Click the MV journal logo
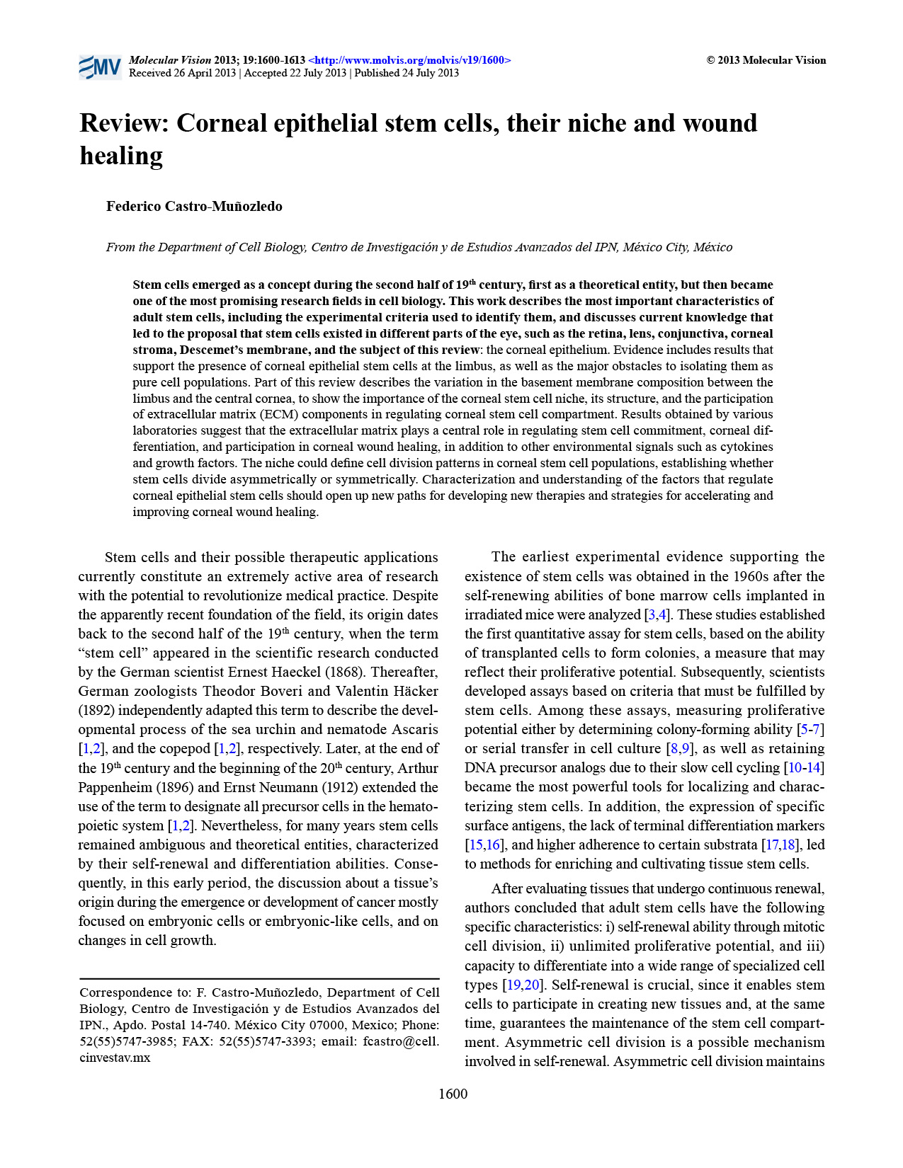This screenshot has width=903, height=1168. [x=100, y=67]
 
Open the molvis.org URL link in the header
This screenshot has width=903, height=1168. [x=409, y=60]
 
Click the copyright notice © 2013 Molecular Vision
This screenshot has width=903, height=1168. [x=766, y=60]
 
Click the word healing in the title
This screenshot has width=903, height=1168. [x=121, y=156]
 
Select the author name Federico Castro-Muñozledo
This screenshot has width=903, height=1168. [x=194, y=207]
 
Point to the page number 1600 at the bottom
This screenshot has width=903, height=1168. [x=453, y=1094]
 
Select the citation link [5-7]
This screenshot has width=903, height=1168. [x=810, y=730]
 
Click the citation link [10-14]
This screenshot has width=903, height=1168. [x=804, y=768]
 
